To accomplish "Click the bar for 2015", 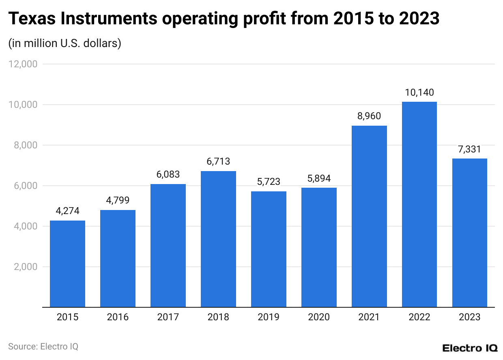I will click(x=67, y=264).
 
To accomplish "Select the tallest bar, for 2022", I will click(x=419, y=204).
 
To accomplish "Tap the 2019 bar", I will click(x=269, y=249).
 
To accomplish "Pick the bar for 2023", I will click(x=470, y=233).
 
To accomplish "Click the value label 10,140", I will click(x=419, y=92).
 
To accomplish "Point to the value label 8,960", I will click(x=369, y=116).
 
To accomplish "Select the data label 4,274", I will click(x=67, y=211).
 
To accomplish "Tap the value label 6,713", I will click(x=218, y=162).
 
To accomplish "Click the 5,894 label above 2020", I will click(x=319, y=178).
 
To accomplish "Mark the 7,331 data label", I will click(x=470, y=149).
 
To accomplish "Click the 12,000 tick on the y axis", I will click(x=23, y=64).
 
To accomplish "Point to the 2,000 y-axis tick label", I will click(x=25, y=267).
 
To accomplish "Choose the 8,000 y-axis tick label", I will click(x=25, y=145).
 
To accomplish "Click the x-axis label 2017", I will click(x=168, y=317).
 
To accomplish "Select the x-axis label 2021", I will click(x=369, y=317).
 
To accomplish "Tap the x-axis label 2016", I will click(x=118, y=317).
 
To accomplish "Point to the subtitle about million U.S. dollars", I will click(x=65, y=43).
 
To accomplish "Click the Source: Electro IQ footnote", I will click(x=43, y=347).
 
